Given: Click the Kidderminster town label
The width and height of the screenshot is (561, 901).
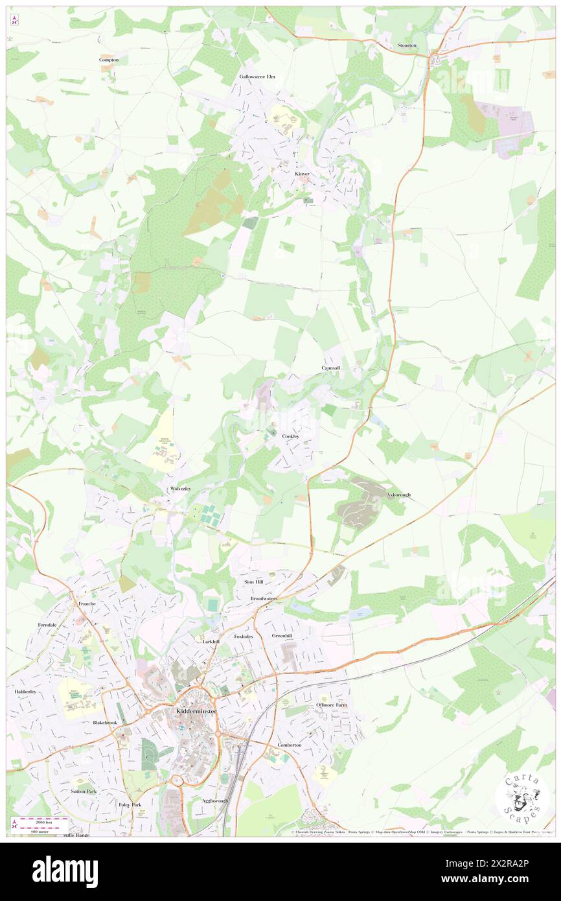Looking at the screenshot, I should pos(196,712).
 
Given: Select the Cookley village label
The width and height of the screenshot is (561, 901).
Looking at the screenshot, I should pos(291,436).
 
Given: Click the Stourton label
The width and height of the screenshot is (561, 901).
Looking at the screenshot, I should pos(407,45).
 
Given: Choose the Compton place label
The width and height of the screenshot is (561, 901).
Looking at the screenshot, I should pos(109,60).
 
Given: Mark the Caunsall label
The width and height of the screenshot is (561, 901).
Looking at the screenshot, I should pos(331,368).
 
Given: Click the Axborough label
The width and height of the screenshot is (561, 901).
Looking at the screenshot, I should pos(399,495).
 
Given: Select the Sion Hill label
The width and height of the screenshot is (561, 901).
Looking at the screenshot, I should pos(253,582).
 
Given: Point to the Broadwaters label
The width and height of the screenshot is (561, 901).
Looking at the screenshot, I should pos(264,599).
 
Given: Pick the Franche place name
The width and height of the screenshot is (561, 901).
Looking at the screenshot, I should pos(87,603).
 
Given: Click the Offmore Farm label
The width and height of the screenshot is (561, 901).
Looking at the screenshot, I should pos(332,705).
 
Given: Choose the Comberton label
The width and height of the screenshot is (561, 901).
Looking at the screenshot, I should pos(289,745).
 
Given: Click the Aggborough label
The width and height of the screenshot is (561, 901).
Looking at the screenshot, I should pos(214,801).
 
